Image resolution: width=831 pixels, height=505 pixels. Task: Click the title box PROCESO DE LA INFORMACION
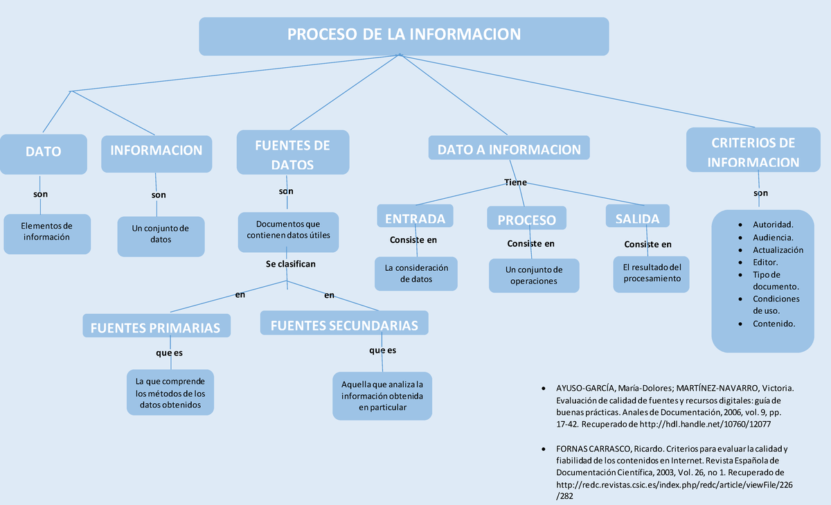coord(404,35)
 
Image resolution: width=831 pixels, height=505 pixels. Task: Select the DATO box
coord(44,153)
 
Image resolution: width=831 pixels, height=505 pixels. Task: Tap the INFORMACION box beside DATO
coord(157,152)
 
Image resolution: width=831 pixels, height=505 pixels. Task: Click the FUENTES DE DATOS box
coord(292,154)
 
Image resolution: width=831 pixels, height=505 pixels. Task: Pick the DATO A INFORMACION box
coord(509,149)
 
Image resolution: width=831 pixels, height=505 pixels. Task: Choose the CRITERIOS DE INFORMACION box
coord(753,152)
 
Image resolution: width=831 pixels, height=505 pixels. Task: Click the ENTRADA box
coord(415,218)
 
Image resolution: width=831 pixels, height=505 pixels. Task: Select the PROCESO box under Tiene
coord(526,219)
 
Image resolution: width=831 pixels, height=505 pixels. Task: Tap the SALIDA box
coord(637,218)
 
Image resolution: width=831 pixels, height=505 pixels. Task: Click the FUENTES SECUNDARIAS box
coord(344,324)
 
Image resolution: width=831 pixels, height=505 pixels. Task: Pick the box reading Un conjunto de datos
coord(161,235)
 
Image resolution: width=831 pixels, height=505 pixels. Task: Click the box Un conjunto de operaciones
coord(534,276)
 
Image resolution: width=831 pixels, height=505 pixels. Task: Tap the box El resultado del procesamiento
coord(652,274)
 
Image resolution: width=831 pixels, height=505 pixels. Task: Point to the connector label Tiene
coord(515,182)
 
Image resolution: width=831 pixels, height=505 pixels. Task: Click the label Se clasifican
coord(291,264)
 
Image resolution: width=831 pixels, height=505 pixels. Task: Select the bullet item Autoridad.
coord(773,224)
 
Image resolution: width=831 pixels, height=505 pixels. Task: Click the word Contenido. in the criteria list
coord(774,324)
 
